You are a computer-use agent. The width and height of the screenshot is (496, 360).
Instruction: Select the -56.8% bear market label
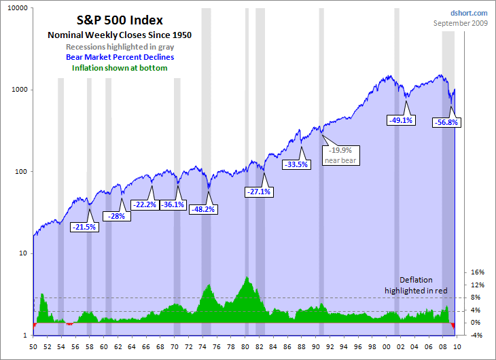pos(446,123)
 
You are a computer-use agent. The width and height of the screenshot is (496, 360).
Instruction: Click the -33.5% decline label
pos(296,164)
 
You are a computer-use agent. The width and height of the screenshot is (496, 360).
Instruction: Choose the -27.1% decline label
pos(258,192)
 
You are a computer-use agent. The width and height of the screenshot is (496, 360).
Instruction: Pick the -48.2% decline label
pos(202,209)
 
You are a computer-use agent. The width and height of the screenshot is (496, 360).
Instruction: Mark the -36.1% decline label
pos(172,204)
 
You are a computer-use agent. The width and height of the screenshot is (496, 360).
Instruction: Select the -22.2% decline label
pos(143,204)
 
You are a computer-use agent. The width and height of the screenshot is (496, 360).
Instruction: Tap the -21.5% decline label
pos(84,227)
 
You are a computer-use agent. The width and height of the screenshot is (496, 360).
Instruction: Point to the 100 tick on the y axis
pos(20,171)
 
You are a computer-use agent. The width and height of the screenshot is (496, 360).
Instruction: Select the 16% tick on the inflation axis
pos(477,272)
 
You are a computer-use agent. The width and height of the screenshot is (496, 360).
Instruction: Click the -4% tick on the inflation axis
pos(477,335)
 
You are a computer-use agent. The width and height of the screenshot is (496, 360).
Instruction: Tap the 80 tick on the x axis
pos(245,347)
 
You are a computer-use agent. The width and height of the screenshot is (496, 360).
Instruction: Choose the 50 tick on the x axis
pos(33,347)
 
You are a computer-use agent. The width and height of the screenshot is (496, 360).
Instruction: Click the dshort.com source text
pos(469,13)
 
